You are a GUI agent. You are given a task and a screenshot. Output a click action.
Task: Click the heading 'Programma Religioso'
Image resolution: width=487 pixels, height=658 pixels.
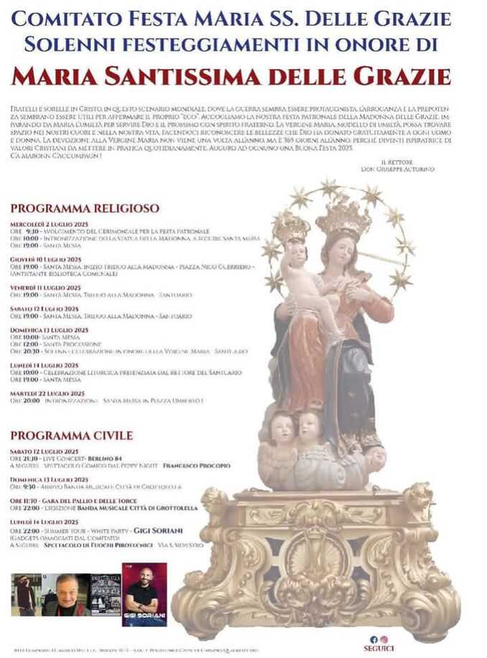85,209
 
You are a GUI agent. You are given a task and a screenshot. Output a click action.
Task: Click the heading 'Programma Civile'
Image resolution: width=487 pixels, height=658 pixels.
72,435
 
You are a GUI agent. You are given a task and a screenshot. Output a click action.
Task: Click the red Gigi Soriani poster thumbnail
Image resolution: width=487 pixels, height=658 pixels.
144,595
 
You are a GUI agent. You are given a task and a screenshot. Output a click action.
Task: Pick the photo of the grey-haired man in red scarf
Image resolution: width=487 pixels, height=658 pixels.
65,595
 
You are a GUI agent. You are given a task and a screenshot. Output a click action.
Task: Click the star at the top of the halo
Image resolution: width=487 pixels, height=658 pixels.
330,188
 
